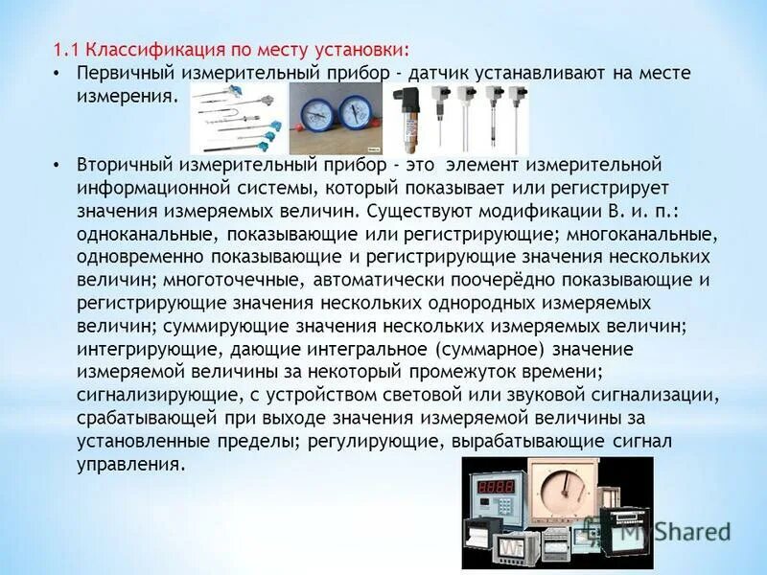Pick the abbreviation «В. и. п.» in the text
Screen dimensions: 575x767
click(656, 210)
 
